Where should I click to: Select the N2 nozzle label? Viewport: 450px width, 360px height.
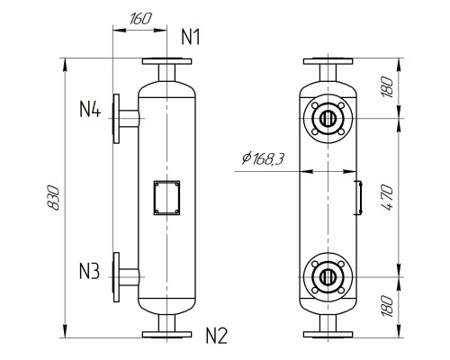[x=216, y=337]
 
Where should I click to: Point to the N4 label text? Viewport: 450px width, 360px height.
[x=89, y=111]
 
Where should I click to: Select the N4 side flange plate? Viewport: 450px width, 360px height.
[x=116, y=117]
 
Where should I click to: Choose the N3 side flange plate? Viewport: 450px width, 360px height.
[x=116, y=277]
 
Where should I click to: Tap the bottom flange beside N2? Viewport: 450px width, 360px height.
[x=167, y=333]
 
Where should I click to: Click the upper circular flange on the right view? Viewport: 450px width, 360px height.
[x=327, y=117]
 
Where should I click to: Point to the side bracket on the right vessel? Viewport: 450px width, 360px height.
[x=357, y=197]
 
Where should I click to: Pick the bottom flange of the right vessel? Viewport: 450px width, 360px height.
[x=327, y=333]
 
